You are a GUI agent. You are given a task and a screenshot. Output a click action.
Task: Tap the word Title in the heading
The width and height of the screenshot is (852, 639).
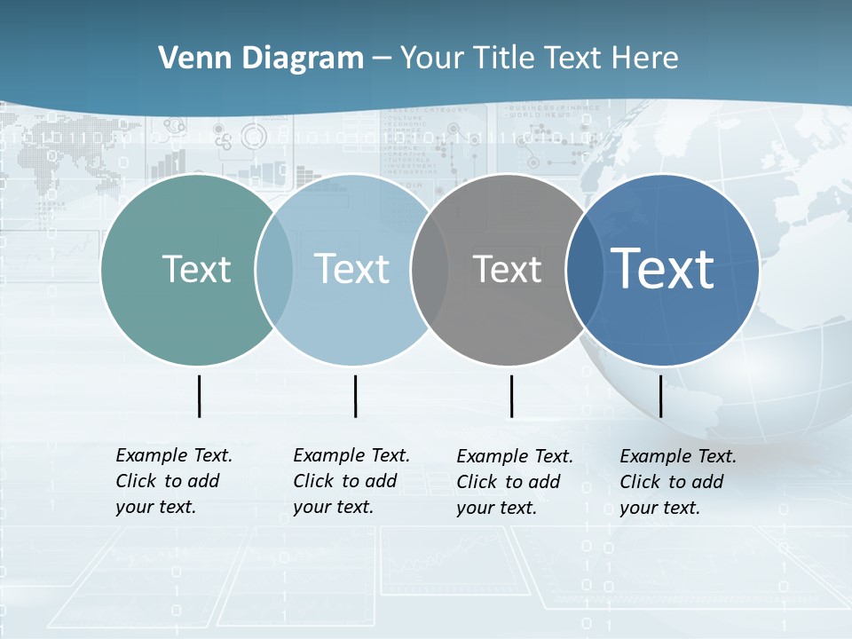pyautogui.click(x=505, y=59)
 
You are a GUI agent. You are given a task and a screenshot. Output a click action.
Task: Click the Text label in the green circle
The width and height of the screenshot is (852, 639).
pyautogui.click(x=196, y=269)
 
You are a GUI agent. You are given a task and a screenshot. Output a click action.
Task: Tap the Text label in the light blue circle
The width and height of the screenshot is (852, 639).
pyautogui.click(x=352, y=269)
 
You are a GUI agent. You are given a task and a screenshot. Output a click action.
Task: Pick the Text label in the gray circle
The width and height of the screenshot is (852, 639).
pyautogui.click(x=507, y=269)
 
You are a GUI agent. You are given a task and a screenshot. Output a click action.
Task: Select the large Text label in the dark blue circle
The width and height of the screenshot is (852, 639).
pyautogui.click(x=663, y=269)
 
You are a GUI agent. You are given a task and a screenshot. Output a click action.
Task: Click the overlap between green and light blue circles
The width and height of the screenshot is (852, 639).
pyautogui.click(x=274, y=270)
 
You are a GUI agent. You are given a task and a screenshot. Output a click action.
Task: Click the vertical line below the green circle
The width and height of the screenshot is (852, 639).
pyautogui.click(x=199, y=396)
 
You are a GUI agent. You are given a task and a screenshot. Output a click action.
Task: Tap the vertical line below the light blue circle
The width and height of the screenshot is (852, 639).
pyautogui.click(x=355, y=396)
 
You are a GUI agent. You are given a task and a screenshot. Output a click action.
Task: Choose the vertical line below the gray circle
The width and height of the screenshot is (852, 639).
pyautogui.click(x=511, y=396)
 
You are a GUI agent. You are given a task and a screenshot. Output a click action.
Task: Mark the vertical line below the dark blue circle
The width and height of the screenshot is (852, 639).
pyautogui.click(x=660, y=396)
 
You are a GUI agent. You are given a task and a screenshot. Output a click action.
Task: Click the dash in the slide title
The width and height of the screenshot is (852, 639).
pyautogui.click(x=382, y=59)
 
